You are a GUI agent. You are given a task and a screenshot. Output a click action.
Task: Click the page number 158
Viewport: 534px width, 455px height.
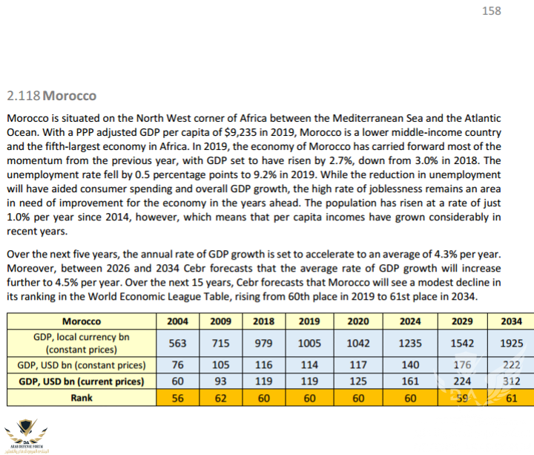coord(491,11)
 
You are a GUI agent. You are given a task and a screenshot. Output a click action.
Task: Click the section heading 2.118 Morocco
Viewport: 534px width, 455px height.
coord(51,97)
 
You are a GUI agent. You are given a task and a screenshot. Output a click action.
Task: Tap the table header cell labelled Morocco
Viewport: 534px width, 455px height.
coord(82,321)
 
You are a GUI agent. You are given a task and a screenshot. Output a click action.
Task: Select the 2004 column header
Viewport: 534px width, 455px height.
coord(178,321)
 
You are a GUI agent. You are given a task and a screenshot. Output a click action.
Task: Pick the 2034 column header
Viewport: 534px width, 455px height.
coord(512,321)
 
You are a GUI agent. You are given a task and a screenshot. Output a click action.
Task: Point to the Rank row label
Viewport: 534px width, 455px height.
coord(82,397)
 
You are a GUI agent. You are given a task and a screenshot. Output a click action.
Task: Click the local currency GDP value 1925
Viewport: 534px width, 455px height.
coord(512,343)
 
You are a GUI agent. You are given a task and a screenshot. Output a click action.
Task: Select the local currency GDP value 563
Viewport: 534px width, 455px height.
coord(178,343)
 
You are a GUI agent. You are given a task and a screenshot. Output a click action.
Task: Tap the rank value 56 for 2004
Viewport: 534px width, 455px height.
coord(178,397)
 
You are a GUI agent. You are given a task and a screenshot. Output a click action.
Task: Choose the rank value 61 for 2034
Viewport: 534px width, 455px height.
coord(512,397)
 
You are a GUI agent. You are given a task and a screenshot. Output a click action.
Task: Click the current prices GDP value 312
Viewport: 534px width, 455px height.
coord(512,382)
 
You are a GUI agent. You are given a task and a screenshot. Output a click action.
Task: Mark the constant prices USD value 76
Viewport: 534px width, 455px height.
coord(178,365)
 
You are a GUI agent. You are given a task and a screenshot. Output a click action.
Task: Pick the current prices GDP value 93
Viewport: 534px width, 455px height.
coord(222,382)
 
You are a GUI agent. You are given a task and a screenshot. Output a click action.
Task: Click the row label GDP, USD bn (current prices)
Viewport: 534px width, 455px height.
coord(82,382)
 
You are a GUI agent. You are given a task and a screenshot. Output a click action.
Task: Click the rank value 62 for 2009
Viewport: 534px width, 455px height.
coord(222,397)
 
